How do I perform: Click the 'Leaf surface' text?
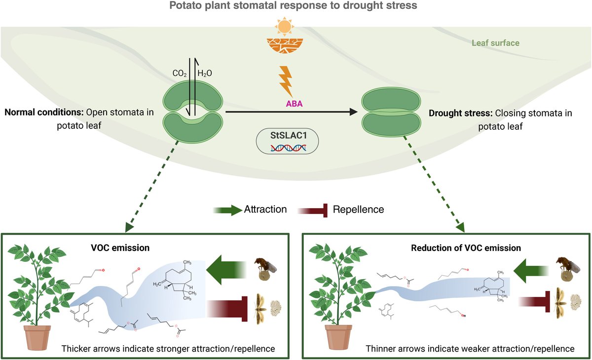tap(495, 43)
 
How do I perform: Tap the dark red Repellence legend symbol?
tap(313, 210)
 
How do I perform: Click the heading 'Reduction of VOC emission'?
tap(466, 248)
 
